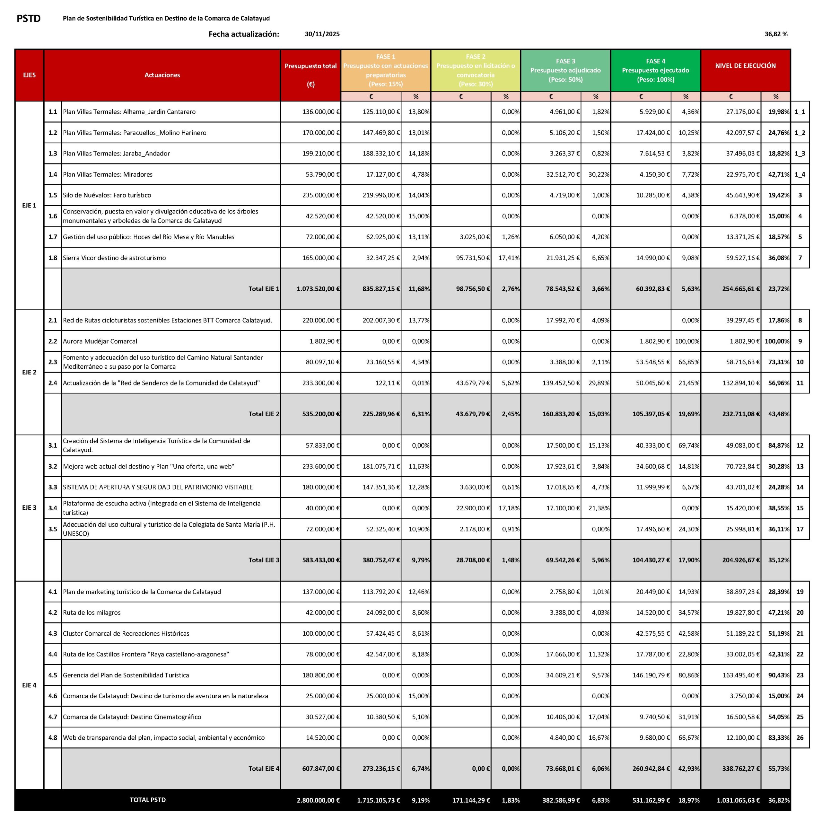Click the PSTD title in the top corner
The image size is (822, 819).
(29, 18)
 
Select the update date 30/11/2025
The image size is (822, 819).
(322, 34)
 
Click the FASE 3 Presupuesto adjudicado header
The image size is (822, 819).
(565, 70)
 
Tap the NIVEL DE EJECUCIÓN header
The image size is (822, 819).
(745, 66)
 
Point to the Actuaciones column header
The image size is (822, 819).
(162, 75)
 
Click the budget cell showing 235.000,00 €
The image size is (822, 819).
(321, 195)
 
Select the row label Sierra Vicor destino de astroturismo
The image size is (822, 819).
(114, 258)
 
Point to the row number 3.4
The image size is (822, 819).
(53, 508)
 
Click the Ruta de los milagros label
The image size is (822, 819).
(92, 612)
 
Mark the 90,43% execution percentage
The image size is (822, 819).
(779, 675)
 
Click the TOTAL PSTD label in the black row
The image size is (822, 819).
(148, 800)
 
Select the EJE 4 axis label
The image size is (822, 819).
(29, 685)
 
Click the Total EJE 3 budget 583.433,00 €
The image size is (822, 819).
(318, 560)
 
